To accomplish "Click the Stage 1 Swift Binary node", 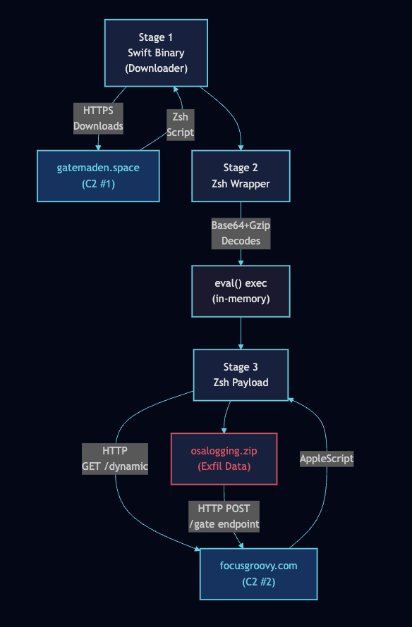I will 156,53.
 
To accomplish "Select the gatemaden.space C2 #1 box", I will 98,175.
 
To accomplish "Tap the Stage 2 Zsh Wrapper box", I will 241,175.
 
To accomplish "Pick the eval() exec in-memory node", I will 241,291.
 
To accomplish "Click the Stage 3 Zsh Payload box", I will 241,374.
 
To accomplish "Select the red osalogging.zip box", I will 224,459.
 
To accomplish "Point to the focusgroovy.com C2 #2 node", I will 258,573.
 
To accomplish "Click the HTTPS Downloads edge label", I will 98,118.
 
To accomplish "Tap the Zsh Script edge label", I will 180,124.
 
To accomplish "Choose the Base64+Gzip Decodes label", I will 241,233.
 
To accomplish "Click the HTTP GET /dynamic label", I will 115,459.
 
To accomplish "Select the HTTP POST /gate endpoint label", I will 224,516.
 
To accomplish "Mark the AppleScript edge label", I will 326,458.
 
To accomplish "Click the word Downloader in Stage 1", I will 156,68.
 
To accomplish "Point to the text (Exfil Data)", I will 224,466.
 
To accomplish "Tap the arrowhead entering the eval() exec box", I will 241,262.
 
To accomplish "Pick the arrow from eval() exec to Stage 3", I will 241,331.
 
